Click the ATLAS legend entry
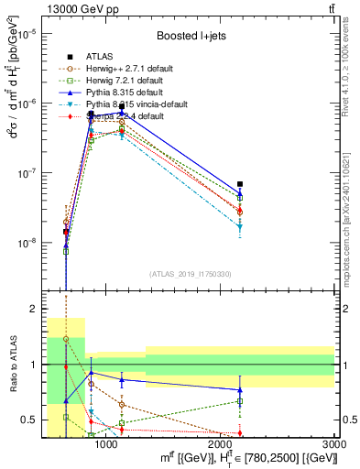[99, 56]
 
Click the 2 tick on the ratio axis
[37, 310]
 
